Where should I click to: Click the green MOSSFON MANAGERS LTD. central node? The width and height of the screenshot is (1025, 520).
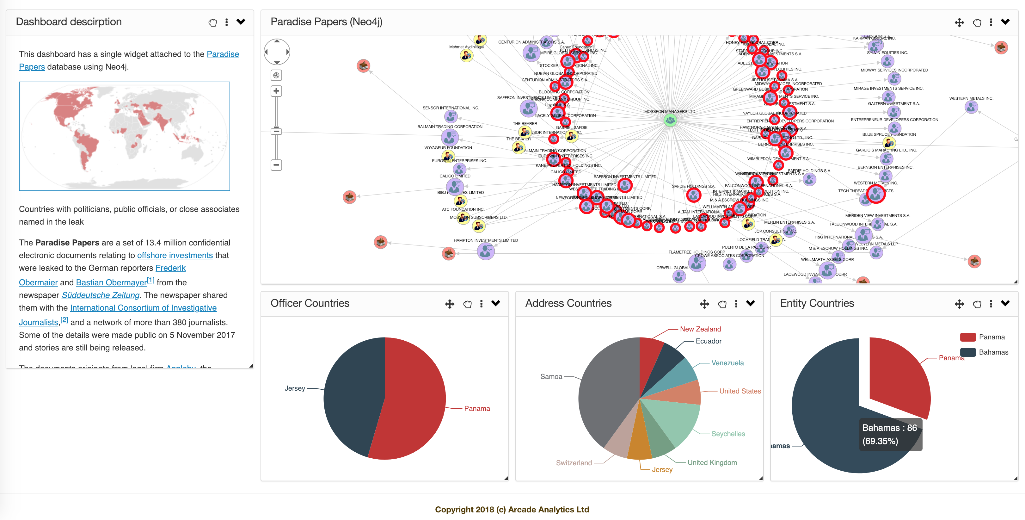click(x=670, y=120)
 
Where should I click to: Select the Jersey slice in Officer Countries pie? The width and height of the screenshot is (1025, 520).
click(x=350, y=398)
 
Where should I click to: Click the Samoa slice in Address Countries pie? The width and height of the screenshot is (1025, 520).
click(x=605, y=394)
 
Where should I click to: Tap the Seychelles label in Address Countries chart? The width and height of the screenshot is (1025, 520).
click(x=728, y=434)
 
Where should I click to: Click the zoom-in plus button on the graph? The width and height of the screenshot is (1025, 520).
click(x=276, y=91)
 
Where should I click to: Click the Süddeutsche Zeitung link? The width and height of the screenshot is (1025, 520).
click(x=100, y=295)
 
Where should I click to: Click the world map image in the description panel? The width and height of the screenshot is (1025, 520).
click(x=125, y=136)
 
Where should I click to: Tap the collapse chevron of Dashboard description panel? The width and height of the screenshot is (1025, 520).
click(x=241, y=22)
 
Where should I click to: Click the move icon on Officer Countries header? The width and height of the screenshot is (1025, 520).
click(x=450, y=304)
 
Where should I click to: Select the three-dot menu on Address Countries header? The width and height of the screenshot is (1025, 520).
click(x=736, y=304)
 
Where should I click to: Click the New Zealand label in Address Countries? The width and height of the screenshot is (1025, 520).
click(x=700, y=329)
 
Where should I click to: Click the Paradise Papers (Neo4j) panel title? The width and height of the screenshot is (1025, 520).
click(x=326, y=22)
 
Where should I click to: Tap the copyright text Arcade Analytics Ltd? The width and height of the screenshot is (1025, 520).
click(x=512, y=509)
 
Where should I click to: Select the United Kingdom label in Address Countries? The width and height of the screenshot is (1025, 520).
click(x=712, y=462)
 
